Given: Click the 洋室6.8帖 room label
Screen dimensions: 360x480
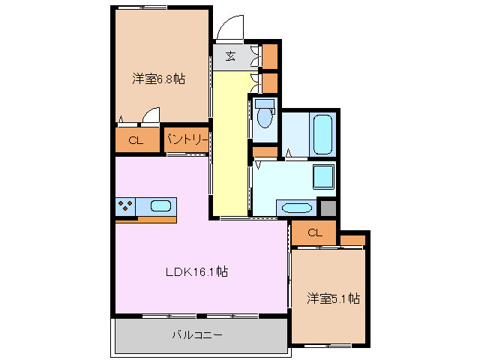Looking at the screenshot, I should pyautogui.click(x=159, y=78).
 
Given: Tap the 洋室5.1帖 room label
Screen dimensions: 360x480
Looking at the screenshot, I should pyautogui.click(x=333, y=299).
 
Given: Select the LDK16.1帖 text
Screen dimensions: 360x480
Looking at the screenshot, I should pyautogui.click(x=196, y=272).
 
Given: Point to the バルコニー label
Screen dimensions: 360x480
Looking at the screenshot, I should pyautogui.click(x=197, y=334).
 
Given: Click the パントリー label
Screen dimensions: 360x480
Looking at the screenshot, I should pyautogui.click(x=187, y=139).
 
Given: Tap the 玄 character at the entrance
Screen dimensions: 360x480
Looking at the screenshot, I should pyautogui.click(x=230, y=56).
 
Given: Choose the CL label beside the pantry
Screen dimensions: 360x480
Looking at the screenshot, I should pyautogui.click(x=136, y=140).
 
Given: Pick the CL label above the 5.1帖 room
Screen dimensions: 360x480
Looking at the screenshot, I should pyautogui.click(x=314, y=232).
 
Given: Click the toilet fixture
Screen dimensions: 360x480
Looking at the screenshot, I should pyautogui.click(x=263, y=114).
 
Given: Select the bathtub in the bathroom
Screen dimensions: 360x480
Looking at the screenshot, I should pyautogui.click(x=322, y=134).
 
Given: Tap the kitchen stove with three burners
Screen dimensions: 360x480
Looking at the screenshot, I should pyautogui.click(x=125, y=205).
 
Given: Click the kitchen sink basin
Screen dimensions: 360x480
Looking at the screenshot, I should pyautogui.click(x=160, y=205).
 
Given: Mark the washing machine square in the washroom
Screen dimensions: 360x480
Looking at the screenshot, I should pyautogui.click(x=323, y=177).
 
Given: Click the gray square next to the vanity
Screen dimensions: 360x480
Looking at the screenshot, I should pyautogui.click(x=327, y=207).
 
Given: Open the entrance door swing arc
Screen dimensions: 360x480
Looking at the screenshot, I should pyautogui.click(x=229, y=28).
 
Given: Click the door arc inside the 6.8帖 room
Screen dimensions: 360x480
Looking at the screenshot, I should pyautogui.click(x=152, y=115).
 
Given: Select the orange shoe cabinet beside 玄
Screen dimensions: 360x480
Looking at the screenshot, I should pyautogui.click(x=269, y=56).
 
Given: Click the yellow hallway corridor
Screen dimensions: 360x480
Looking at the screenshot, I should pyautogui.click(x=229, y=142).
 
